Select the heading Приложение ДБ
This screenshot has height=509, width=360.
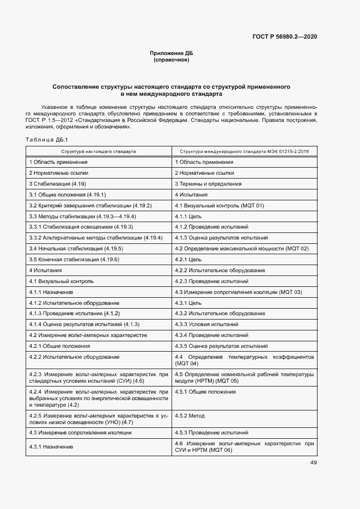(172, 53)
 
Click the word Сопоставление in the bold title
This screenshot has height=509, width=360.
(78, 87)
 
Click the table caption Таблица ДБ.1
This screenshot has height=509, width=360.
(46, 140)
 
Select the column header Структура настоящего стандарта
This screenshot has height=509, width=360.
(99, 151)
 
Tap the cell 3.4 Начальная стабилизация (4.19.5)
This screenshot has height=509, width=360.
(68, 249)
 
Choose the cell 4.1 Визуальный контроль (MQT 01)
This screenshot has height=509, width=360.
(219, 206)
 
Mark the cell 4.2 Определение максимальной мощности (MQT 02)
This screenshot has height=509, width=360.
(242, 249)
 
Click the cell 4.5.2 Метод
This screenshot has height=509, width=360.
(190, 416)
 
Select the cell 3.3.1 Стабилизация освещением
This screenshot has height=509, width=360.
(81, 227)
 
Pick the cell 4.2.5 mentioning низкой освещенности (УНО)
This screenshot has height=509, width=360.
(99, 419)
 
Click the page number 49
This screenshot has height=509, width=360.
(314, 463)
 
